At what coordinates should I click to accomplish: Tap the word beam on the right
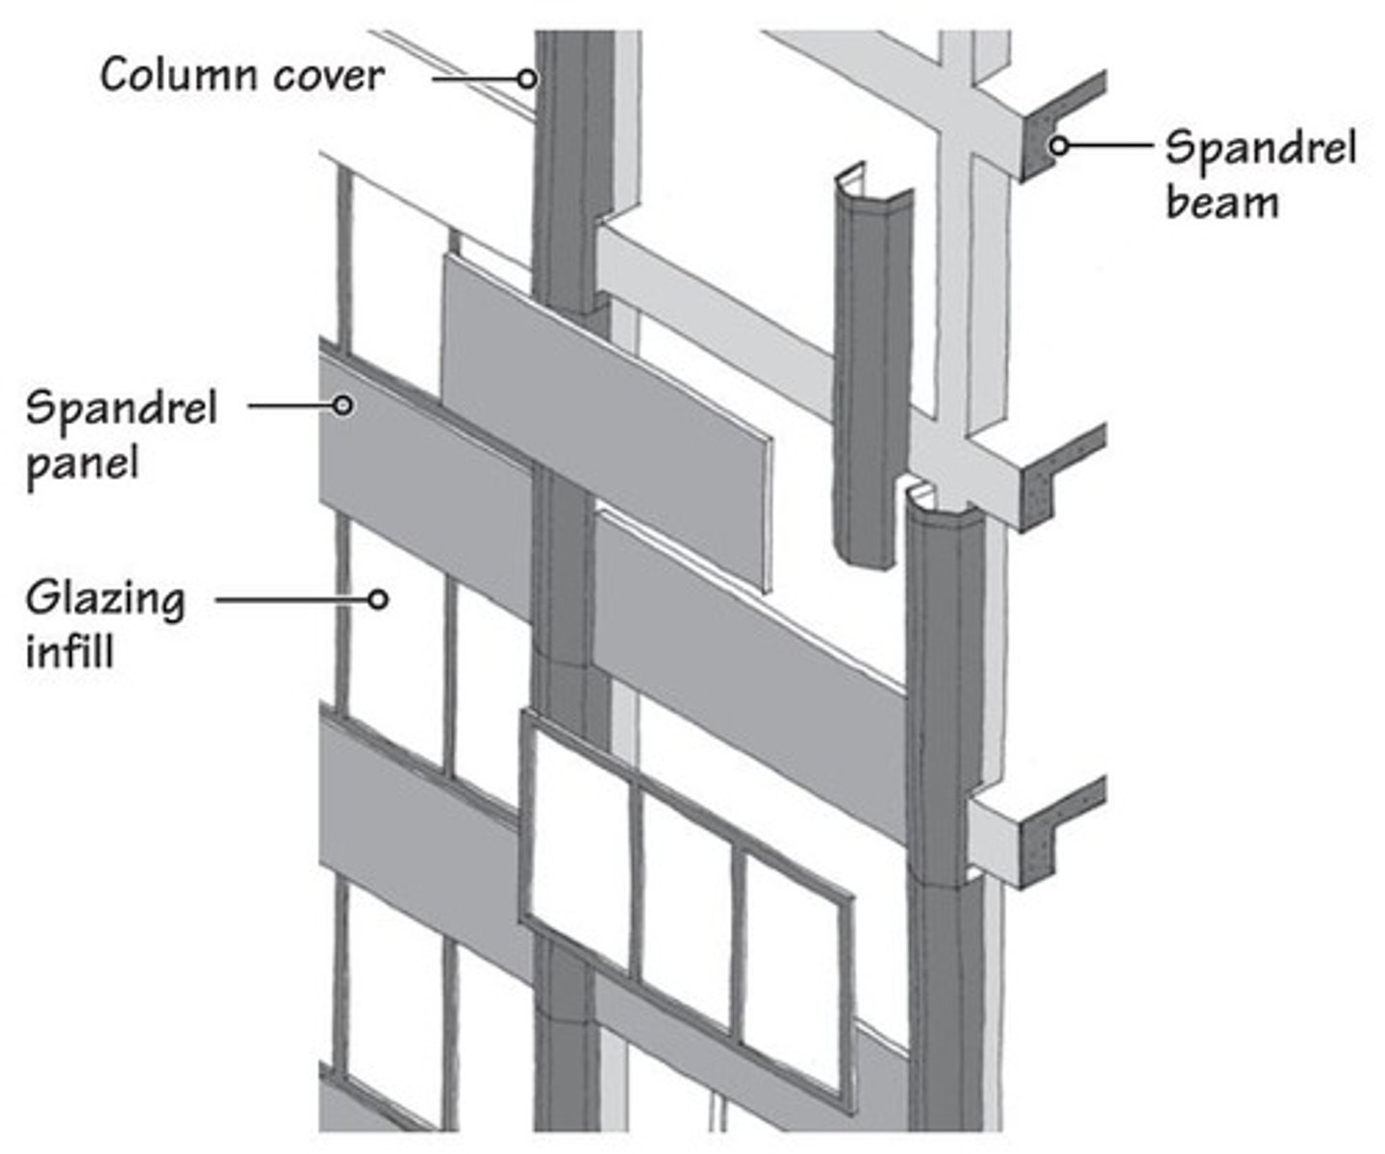click(1221, 202)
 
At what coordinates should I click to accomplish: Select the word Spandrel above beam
click(1260, 149)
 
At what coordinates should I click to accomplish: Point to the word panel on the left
click(83, 464)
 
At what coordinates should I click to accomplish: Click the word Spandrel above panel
click(121, 409)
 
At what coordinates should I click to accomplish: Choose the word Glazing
click(105, 600)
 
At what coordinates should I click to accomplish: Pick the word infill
click(69, 652)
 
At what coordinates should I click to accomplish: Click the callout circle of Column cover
click(526, 78)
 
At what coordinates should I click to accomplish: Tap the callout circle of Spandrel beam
click(1058, 146)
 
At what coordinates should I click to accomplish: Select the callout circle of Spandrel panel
click(342, 406)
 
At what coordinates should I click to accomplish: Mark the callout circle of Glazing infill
click(378, 599)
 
